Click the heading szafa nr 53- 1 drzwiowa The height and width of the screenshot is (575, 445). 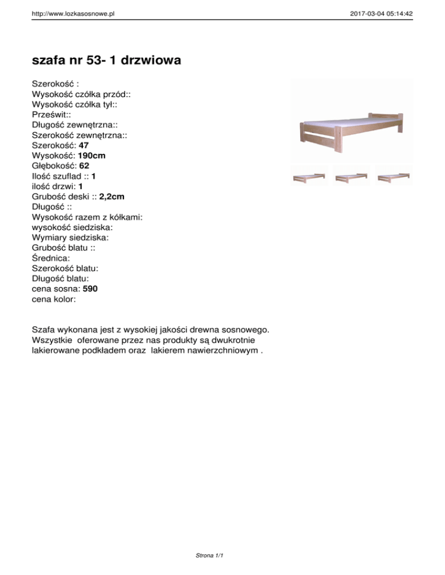[x=105, y=60]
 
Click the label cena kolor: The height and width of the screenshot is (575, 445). [x=53, y=300]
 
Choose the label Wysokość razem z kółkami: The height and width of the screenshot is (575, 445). [x=87, y=218]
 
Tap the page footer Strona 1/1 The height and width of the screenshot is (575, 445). [x=210, y=556]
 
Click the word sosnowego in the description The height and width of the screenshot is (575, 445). [x=243, y=329]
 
